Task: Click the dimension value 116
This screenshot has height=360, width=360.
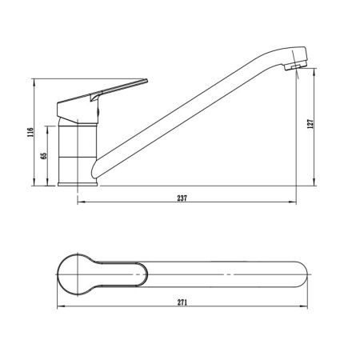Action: pos(30,132)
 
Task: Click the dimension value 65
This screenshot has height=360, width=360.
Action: pos(44,156)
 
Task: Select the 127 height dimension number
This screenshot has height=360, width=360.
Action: pos(310,124)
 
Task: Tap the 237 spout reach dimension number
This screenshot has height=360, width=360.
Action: pos(182,198)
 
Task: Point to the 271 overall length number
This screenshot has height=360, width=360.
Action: pos(182,302)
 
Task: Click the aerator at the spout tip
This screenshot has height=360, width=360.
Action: pos(295,66)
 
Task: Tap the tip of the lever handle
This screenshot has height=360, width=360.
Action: pos(146,81)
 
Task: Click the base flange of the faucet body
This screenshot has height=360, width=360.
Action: pos(78,184)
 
